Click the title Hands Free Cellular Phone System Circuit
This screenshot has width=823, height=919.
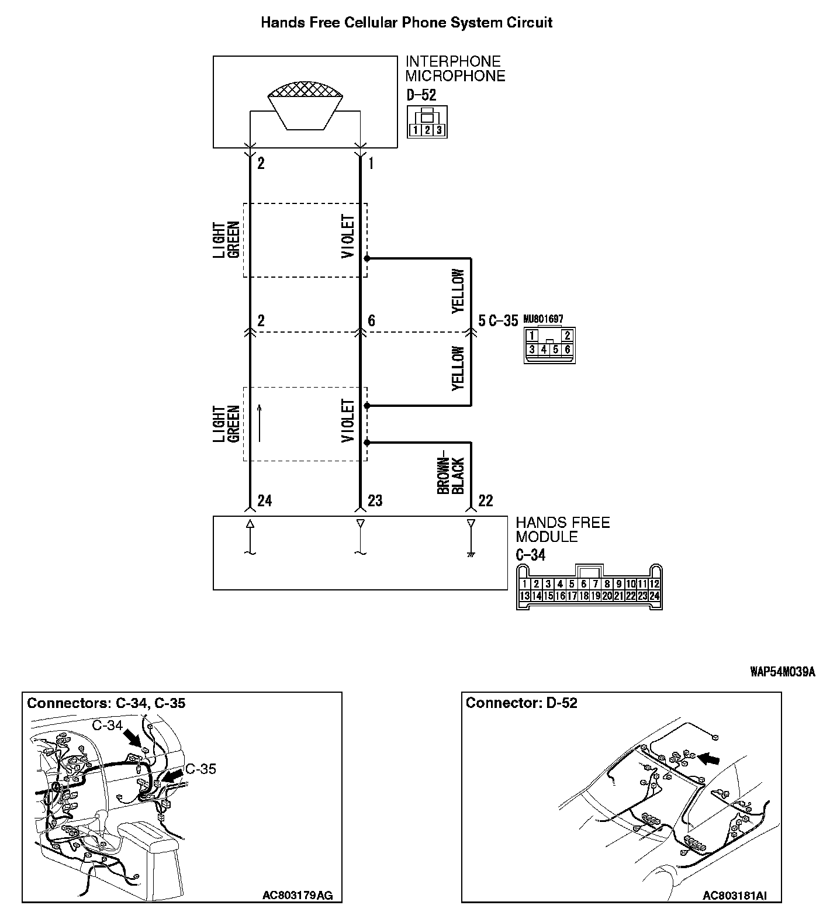click(406, 23)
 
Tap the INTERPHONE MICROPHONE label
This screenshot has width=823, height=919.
click(455, 68)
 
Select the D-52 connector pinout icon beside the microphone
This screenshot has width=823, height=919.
click(427, 122)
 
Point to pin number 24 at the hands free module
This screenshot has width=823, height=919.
click(264, 500)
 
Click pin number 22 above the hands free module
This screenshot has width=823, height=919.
click(485, 500)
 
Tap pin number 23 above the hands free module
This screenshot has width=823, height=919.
click(375, 500)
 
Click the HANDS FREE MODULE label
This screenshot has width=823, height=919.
click(562, 530)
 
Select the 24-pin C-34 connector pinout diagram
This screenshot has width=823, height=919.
click(589, 588)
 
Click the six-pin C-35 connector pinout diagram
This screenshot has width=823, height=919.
click(549, 344)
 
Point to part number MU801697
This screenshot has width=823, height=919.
click(543, 319)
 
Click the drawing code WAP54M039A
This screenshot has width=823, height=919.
click(782, 672)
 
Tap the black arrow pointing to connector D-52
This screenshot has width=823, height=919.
click(710, 758)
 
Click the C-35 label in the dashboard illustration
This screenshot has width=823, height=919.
click(200, 769)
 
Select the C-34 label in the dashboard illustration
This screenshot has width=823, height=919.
click(108, 725)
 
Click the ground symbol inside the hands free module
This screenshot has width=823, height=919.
click(471, 553)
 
